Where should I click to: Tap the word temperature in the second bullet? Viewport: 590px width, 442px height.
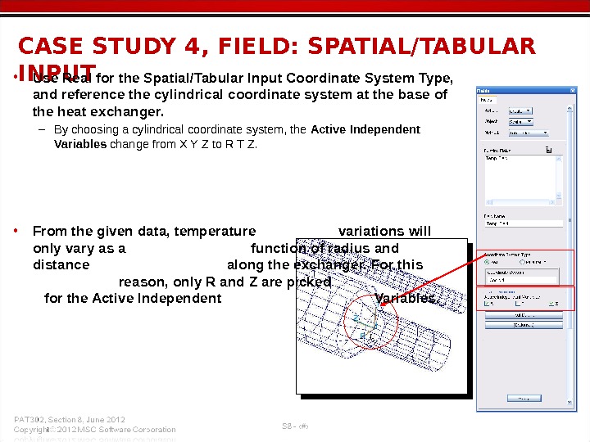pyautogui.click(x=212, y=231)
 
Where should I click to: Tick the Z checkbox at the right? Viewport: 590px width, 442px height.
pyautogui.click(x=552, y=304)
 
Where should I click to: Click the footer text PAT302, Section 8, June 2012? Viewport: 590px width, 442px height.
pyautogui.click(x=70, y=419)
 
